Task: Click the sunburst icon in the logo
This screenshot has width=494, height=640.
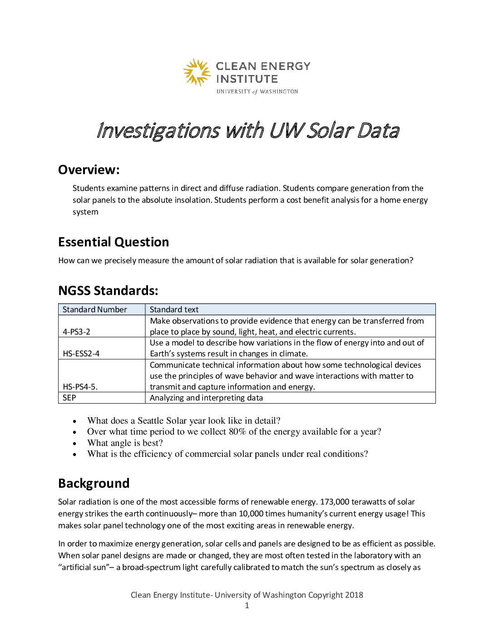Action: (x=197, y=72)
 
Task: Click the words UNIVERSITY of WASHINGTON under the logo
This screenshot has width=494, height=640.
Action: (x=257, y=92)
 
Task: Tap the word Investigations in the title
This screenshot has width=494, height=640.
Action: (x=158, y=131)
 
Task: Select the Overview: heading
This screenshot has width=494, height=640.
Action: (x=89, y=170)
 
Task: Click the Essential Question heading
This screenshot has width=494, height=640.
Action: (x=114, y=242)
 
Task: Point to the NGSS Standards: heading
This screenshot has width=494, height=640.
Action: (x=108, y=291)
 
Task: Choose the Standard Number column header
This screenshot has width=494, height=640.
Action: (x=94, y=310)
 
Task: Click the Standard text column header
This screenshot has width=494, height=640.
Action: (x=174, y=310)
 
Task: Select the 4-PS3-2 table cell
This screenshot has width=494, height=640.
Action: (x=76, y=332)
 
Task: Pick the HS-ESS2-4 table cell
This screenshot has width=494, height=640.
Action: (x=81, y=354)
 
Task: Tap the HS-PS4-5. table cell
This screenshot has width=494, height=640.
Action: (x=80, y=387)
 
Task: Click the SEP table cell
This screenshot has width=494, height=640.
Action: (x=69, y=398)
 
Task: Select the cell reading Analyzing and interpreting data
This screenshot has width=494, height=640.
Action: (x=206, y=398)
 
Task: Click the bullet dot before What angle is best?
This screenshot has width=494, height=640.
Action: (x=75, y=443)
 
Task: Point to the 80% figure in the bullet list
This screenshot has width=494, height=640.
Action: (x=237, y=432)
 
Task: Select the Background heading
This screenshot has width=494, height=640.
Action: (x=94, y=483)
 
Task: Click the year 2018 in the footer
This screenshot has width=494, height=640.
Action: (x=354, y=595)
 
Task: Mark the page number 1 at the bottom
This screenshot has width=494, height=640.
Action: (x=247, y=605)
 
